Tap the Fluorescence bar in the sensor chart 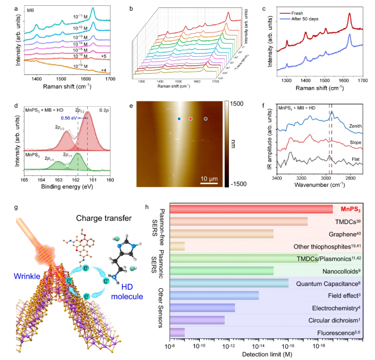(x=177, y=332)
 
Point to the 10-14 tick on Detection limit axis (x=259, y=346)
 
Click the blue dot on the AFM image (x=179, y=118)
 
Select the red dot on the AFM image (x=191, y=119)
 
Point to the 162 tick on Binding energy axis (x=76, y=179)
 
